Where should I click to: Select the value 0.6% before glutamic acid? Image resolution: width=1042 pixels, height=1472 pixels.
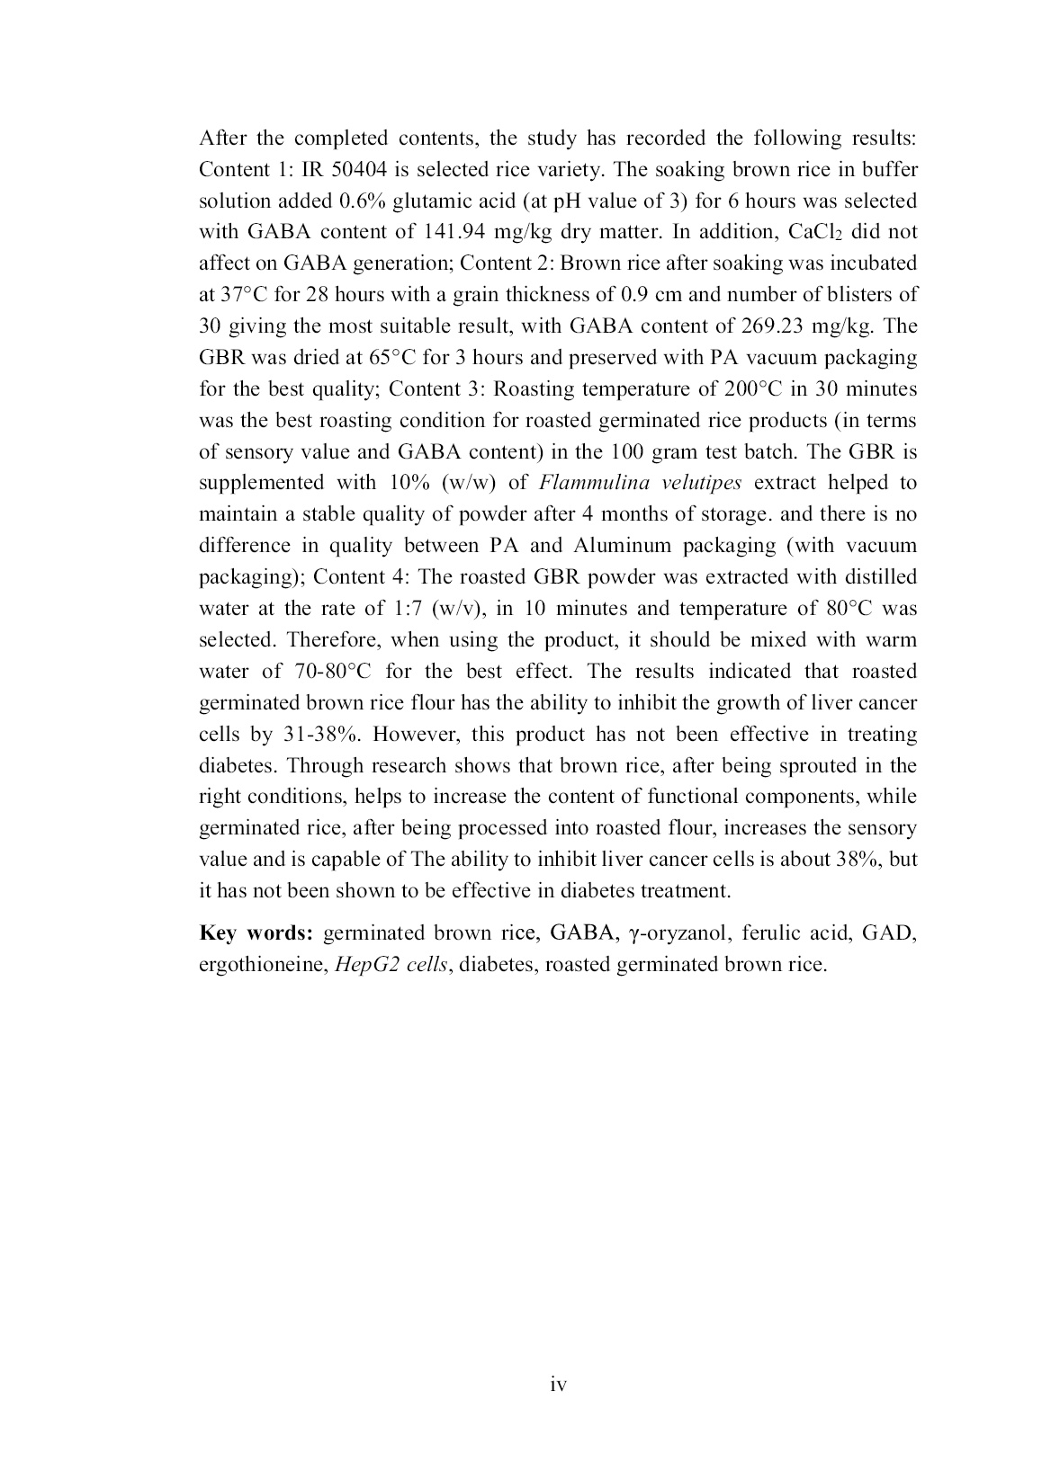coord(364,201)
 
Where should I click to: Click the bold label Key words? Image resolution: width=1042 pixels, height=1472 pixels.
coord(256,933)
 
